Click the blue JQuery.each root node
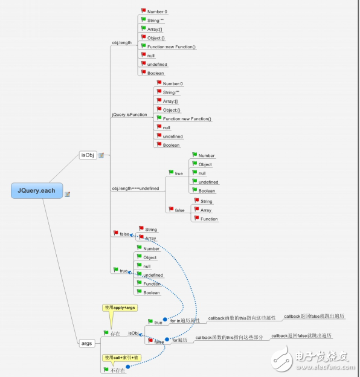[36, 191]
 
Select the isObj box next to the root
[88, 155]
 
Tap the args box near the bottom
[87, 343]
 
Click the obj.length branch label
[122, 42]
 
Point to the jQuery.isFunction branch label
[129, 114]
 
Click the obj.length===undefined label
[135, 188]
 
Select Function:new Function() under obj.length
[172, 47]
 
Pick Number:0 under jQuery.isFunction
[173, 83]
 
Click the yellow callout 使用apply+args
[120, 308]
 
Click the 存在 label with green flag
[114, 333]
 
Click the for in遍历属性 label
[185, 321]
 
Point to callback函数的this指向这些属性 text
[242, 318]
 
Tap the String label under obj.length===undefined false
[205, 201]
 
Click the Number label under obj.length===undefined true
[207, 155]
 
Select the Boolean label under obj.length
[156, 73]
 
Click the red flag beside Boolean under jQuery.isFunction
[159, 145]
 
